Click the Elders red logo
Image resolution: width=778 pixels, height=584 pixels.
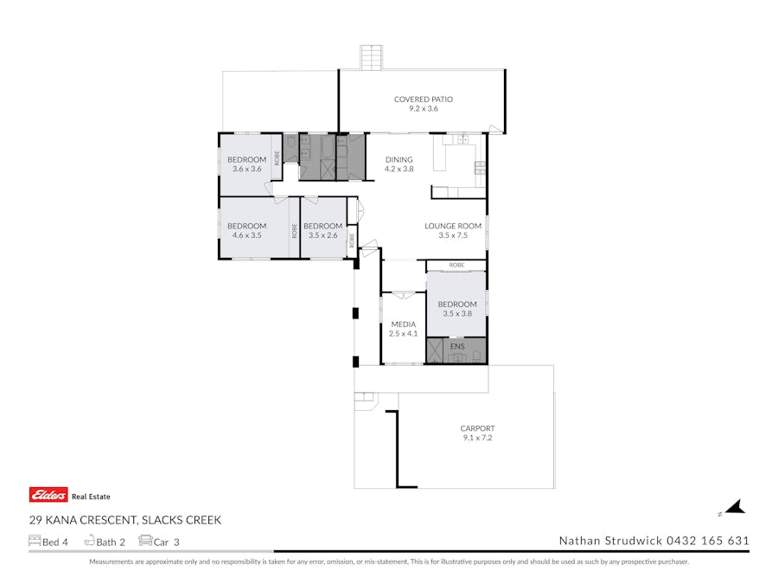tap(48, 495)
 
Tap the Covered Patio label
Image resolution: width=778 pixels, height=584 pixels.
tap(424, 99)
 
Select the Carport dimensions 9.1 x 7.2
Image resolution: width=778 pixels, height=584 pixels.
tap(477, 438)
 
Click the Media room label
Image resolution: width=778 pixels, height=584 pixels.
tap(404, 324)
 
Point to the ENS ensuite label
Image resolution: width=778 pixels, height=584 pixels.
tap(457, 346)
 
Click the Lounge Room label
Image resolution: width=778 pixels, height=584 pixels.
tap(453, 226)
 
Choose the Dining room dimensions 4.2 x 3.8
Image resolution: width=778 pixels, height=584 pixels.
tap(399, 169)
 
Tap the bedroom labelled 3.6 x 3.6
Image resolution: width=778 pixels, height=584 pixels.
tap(246, 164)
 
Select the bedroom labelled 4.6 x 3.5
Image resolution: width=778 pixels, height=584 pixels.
tap(246, 230)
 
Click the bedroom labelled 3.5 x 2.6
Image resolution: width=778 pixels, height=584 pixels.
tap(323, 230)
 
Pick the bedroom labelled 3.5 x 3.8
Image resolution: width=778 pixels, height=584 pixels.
tap(457, 308)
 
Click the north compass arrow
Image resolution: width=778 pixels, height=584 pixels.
tap(734, 508)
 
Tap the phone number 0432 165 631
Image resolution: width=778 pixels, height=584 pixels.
tap(707, 540)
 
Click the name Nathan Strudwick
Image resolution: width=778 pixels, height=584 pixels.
tap(611, 540)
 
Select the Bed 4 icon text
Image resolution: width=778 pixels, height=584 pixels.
tap(48, 542)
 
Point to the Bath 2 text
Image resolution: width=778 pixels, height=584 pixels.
tap(105, 542)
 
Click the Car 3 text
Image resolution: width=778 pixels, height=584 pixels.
tap(159, 542)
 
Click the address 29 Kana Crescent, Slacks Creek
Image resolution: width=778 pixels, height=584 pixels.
tap(125, 520)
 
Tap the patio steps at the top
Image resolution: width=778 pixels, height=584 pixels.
tap(371, 58)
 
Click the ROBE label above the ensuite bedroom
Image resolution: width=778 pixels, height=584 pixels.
tap(456, 266)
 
